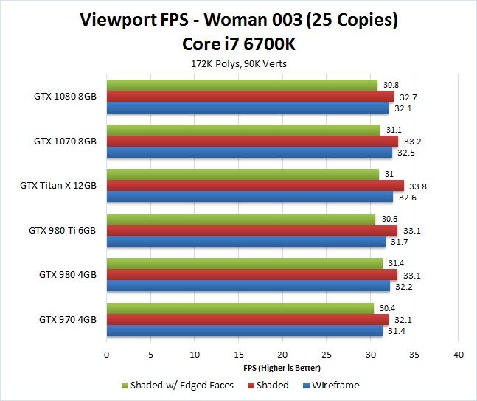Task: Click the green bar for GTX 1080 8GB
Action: coord(242,85)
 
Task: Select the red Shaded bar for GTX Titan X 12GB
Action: coord(255,186)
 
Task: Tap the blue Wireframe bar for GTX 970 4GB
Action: coord(245,331)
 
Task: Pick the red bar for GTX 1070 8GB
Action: coord(252,141)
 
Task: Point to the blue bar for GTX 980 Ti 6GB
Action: coord(246,242)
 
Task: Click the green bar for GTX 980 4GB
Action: coord(245,263)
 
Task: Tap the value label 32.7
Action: coord(408,97)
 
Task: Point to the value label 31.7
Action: coord(400,243)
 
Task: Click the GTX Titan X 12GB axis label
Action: coord(58,186)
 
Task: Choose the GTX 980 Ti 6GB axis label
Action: coord(63,230)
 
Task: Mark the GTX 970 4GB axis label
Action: coord(68,319)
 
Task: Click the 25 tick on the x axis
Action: coord(326,354)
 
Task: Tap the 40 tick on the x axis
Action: coord(458,354)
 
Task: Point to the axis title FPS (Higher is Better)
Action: coord(282,367)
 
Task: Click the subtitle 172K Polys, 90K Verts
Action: coord(238,63)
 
